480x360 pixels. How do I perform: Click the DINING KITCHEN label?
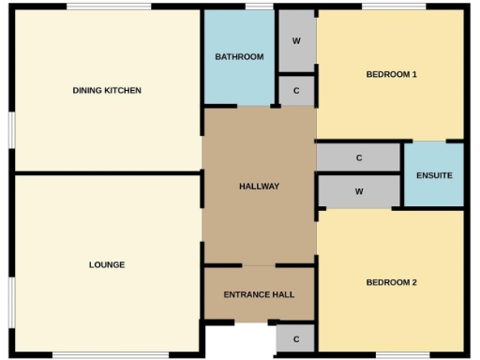(x=107, y=90)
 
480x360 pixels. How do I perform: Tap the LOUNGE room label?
(x=107, y=264)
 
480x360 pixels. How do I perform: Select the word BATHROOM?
(x=239, y=57)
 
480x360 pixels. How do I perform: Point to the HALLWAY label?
(x=259, y=186)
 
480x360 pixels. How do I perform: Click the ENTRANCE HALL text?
(x=259, y=294)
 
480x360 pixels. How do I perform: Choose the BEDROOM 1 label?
(x=391, y=74)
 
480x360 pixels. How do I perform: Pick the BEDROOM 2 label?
(x=391, y=282)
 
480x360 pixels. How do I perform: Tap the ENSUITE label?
(x=434, y=175)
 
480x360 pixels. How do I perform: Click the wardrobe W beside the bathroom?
(x=296, y=41)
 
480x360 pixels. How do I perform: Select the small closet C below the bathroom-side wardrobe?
(x=296, y=91)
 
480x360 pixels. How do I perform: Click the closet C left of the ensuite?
(x=359, y=158)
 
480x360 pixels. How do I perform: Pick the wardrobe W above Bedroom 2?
(x=359, y=190)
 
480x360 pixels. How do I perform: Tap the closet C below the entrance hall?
(x=296, y=338)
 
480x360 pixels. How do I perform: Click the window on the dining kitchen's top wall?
(x=108, y=7)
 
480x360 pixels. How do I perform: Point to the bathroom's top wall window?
(x=259, y=7)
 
